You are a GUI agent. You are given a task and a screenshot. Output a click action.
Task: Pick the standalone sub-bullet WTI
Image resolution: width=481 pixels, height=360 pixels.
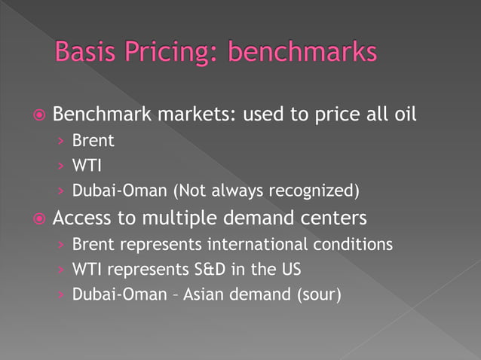tap(86, 165)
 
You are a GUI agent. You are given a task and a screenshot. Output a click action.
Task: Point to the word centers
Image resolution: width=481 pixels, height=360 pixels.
tap(332, 218)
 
